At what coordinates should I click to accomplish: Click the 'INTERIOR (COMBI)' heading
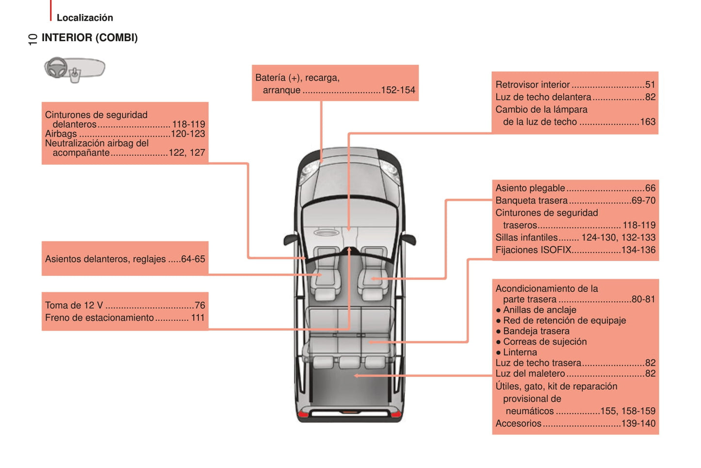click(x=89, y=38)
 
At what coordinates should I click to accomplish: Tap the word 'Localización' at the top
click(x=84, y=18)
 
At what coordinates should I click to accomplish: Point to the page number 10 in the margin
click(x=32, y=39)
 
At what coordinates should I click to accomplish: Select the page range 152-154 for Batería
click(x=398, y=90)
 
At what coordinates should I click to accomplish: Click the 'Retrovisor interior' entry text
click(x=532, y=85)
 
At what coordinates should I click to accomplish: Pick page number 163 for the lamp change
click(x=648, y=122)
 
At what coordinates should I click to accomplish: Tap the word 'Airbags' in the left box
click(x=61, y=134)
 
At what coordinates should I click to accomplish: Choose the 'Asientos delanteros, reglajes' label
click(x=105, y=259)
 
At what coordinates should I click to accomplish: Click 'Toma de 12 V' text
click(x=74, y=305)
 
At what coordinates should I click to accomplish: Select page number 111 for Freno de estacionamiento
click(x=197, y=318)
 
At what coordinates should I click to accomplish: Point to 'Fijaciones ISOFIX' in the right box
click(x=533, y=250)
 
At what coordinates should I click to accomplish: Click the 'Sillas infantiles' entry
click(x=526, y=238)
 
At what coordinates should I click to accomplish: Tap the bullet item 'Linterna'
click(x=520, y=352)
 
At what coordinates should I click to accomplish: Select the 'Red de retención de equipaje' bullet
click(x=564, y=320)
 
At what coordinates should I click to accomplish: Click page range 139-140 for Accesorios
click(x=638, y=423)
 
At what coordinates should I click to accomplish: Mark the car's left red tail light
click(x=303, y=414)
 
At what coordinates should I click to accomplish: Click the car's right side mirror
click(x=409, y=239)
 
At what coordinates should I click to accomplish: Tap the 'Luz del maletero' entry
click(x=530, y=374)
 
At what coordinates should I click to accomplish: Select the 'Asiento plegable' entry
click(x=530, y=188)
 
